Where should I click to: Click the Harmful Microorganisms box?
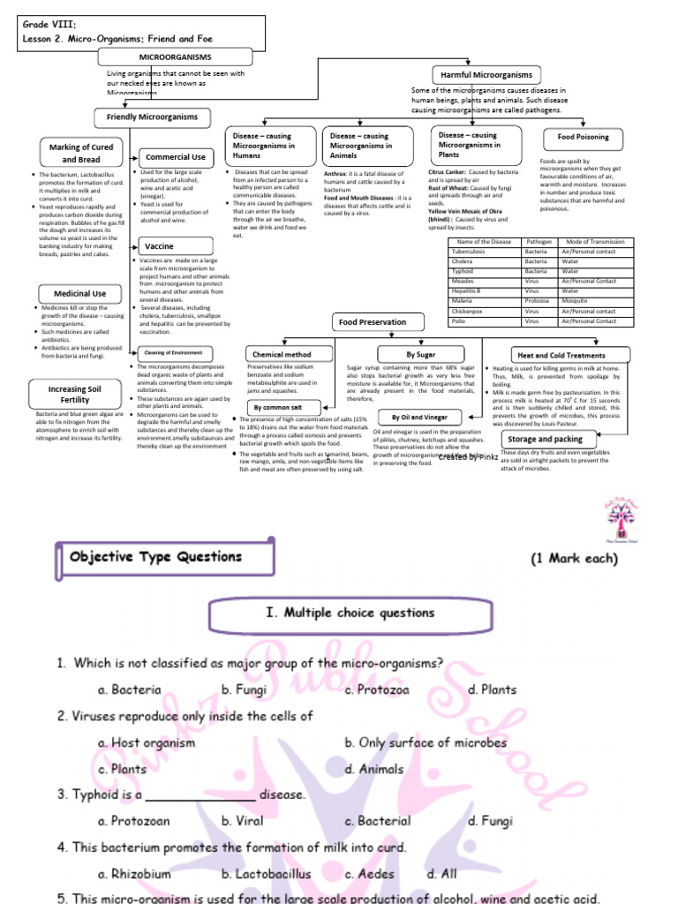487,75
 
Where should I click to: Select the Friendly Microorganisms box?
153,117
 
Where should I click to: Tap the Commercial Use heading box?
174,157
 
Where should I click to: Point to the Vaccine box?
174,246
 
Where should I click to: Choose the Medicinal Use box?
82,293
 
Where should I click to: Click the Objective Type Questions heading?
155,557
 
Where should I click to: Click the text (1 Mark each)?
574,559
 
